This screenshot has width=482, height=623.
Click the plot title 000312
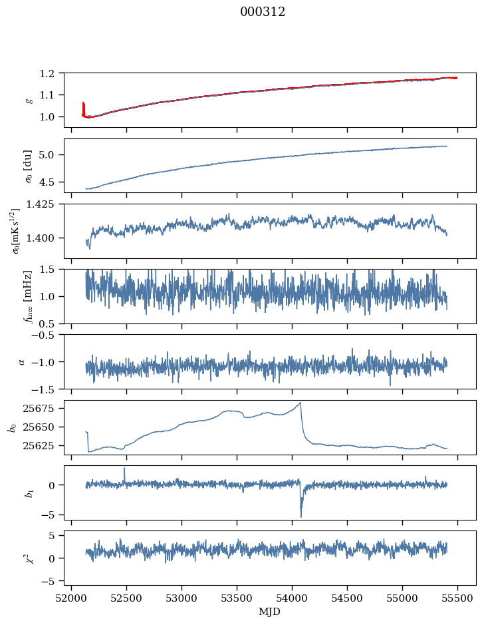263,12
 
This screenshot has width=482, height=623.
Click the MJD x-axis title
269,612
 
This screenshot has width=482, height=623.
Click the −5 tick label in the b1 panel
51,515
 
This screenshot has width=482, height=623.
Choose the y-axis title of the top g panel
28,100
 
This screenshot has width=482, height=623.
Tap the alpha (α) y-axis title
22,361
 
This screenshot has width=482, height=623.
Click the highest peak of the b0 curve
301,403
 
